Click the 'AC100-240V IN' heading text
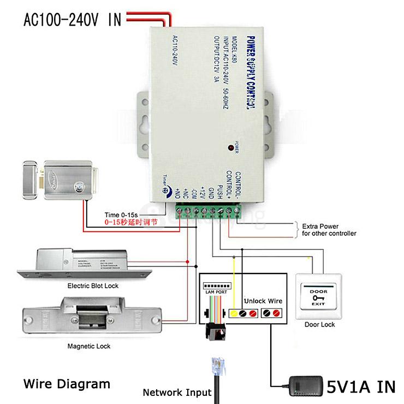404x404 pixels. click(x=72, y=20)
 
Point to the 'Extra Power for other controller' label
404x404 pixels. click(x=329, y=230)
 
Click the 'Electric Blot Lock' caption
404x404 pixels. click(x=92, y=286)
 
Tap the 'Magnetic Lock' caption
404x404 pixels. click(x=88, y=346)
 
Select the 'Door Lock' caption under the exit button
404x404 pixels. click(x=319, y=324)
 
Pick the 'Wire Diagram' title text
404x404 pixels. click(x=67, y=383)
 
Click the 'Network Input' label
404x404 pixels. click(x=177, y=392)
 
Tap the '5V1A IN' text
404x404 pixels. click(x=361, y=387)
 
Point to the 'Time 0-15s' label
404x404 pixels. click(x=121, y=215)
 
